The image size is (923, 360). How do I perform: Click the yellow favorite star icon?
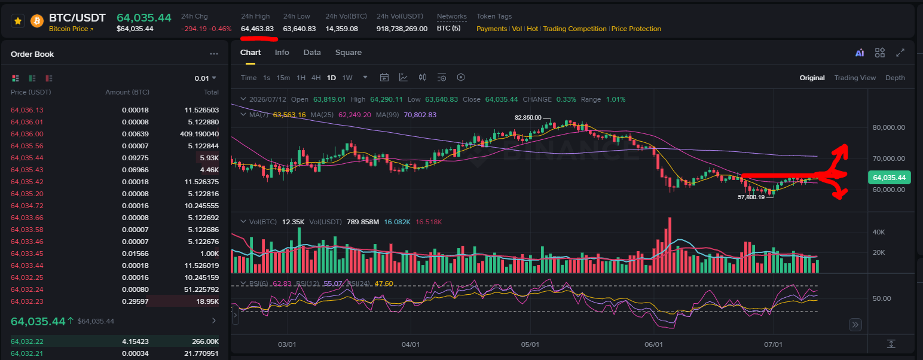pyautogui.click(x=18, y=21)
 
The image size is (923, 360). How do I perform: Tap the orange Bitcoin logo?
pyautogui.click(x=37, y=21)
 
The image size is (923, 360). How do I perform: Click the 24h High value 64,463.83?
pyautogui.click(x=257, y=29)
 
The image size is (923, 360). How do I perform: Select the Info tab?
pyautogui.click(x=282, y=53)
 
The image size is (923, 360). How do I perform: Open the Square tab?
pyautogui.click(x=348, y=53)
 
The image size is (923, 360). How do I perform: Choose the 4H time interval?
pyautogui.click(x=316, y=78)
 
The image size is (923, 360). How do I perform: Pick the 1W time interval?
pyautogui.click(x=347, y=78)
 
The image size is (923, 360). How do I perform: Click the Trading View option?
pyautogui.click(x=855, y=78)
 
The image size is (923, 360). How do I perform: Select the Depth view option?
pyautogui.click(x=895, y=78)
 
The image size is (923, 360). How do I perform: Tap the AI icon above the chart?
pyautogui.click(x=860, y=53)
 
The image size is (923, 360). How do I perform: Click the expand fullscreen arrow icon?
pyautogui.click(x=900, y=53)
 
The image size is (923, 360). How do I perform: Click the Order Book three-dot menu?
pyautogui.click(x=214, y=54)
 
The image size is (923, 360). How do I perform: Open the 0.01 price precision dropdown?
pyautogui.click(x=205, y=78)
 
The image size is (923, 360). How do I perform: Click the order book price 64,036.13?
pyautogui.click(x=27, y=110)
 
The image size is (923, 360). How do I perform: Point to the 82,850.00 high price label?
pyautogui.click(x=528, y=118)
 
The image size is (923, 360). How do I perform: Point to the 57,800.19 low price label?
pyautogui.click(x=751, y=197)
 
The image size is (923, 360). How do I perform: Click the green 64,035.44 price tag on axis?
pyautogui.click(x=889, y=178)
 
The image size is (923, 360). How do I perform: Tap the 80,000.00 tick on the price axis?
pyautogui.click(x=889, y=127)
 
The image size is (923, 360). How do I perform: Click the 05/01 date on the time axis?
pyautogui.click(x=530, y=344)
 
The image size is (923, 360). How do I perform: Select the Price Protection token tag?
pyautogui.click(x=636, y=29)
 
